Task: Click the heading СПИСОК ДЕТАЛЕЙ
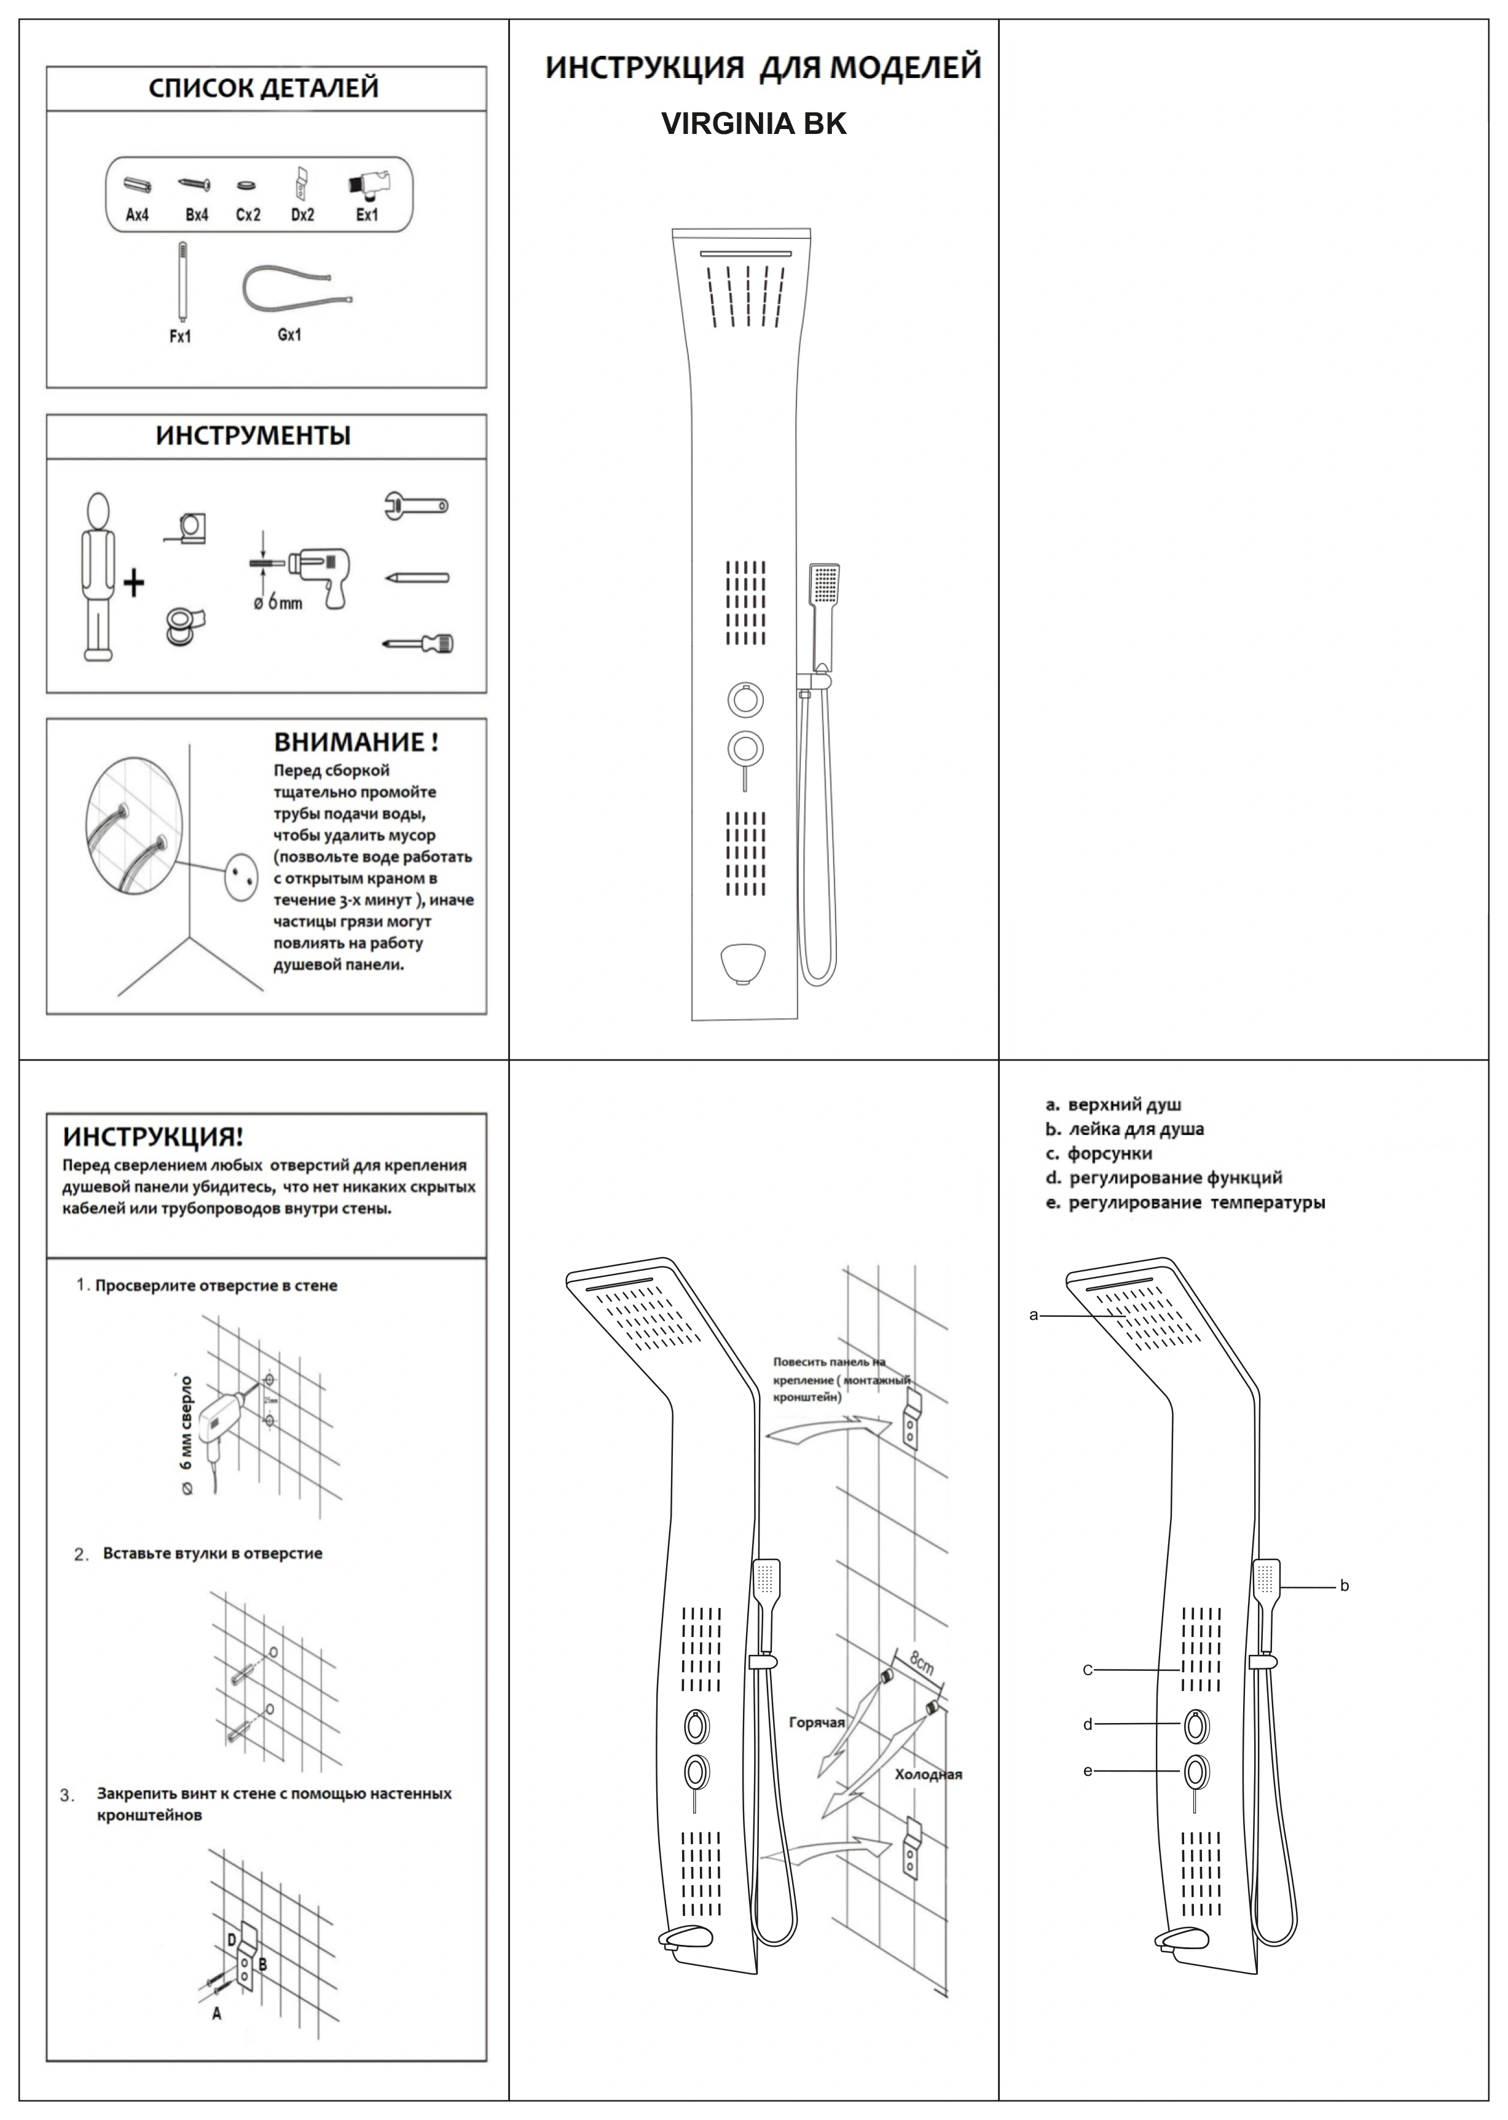click(264, 88)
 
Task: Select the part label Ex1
click(367, 214)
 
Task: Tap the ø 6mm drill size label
click(278, 603)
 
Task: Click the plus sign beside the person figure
click(134, 583)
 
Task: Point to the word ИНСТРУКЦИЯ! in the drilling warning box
click(152, 1137)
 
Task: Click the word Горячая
click(816, 1722)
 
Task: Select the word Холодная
click(928, 1775)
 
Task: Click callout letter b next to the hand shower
click(1344, 1586)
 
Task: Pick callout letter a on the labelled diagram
click(1034, 1315)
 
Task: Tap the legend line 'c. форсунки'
click(1099, 1154)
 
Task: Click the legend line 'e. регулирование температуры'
click(1185, 1203)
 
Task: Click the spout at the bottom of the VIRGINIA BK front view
click(743, 961)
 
